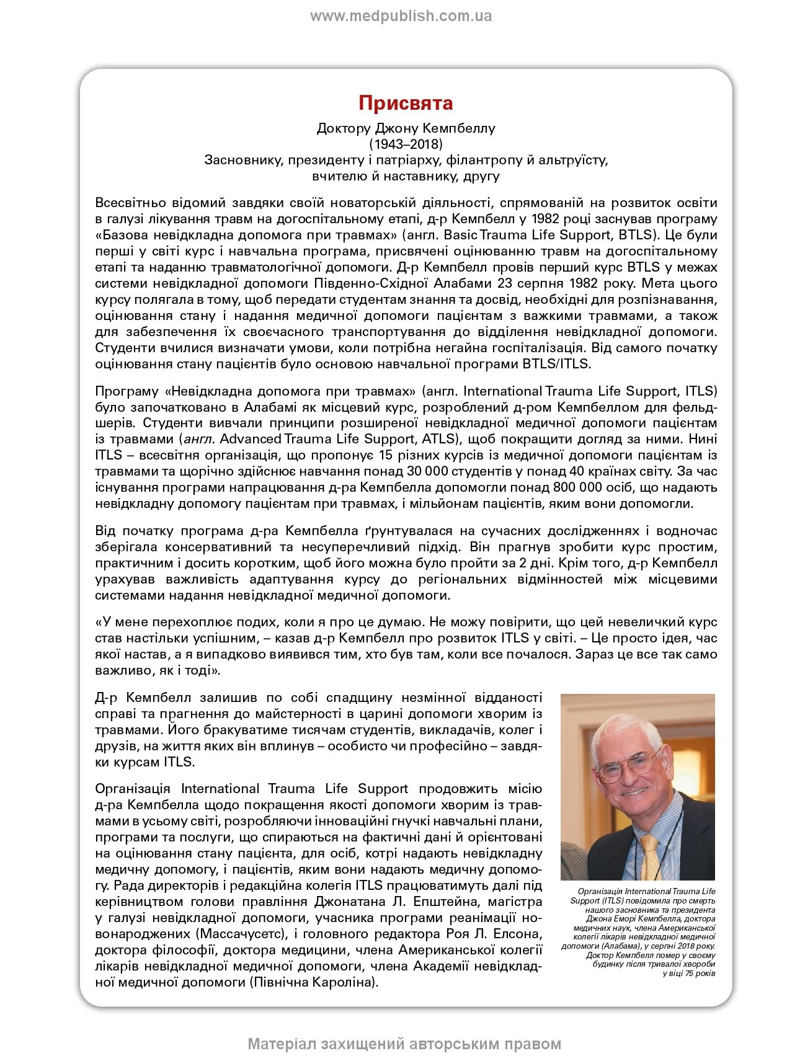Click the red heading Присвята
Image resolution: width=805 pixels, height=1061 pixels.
(x=406, y=103)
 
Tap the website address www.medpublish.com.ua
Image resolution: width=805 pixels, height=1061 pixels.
(x=401, y=16)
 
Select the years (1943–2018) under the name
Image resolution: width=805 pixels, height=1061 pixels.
(x=406, y=144)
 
